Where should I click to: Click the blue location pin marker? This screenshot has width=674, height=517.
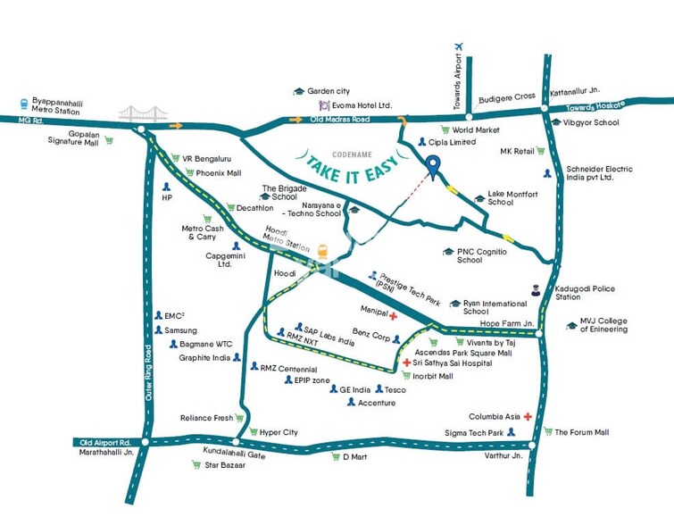coord(433,166)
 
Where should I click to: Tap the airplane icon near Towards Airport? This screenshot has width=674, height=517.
coord(460,46)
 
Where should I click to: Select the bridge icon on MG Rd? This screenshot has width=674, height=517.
coord(143,113)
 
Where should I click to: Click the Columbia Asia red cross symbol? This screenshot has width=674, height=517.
coord(528,417)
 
